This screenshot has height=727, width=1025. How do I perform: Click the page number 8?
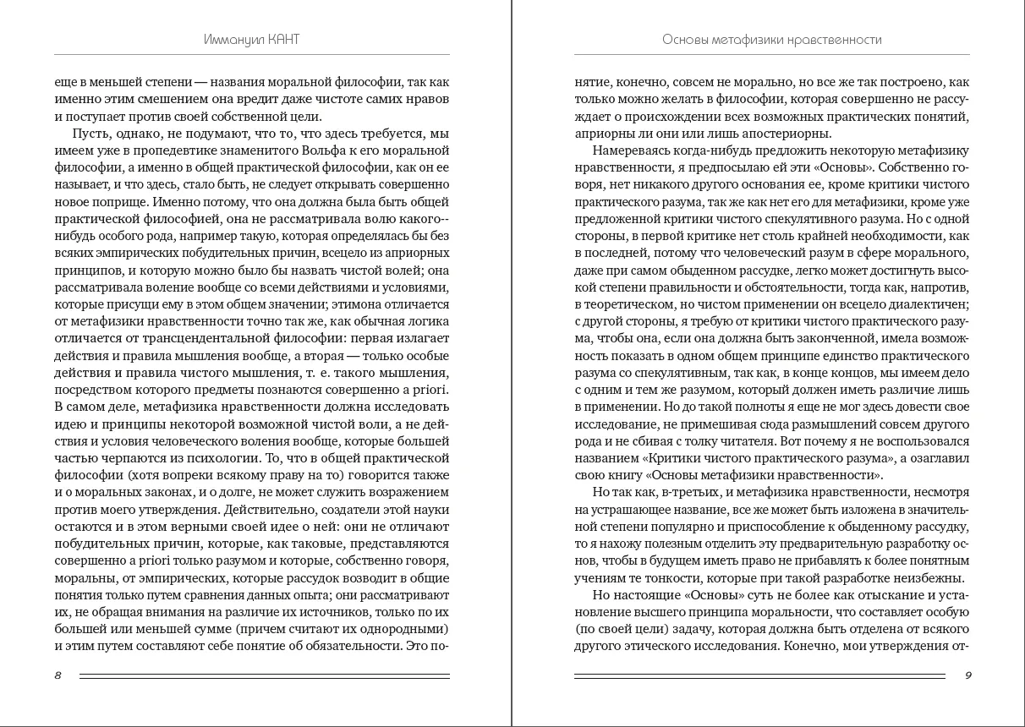click(x=58, y=675)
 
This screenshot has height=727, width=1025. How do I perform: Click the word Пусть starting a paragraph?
click(x=90, y=134)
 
